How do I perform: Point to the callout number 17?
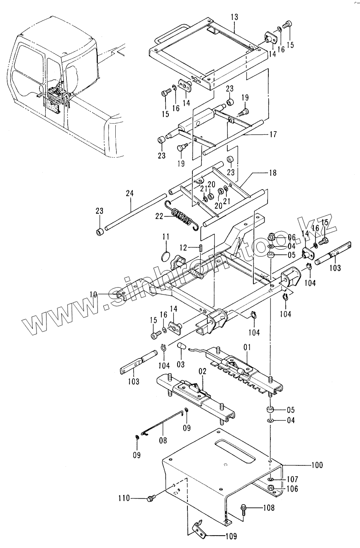[273, 134]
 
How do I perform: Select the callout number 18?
[272, 172]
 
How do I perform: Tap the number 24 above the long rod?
[130, 193]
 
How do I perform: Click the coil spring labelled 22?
[181, 216]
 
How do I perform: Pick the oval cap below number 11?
[165, 255]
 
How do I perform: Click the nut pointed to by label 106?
[270, 487]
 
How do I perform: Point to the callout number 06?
[292, 237]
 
